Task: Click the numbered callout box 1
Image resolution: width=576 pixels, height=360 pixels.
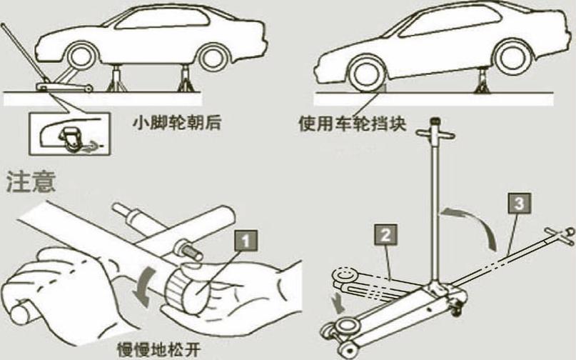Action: pos(246,241)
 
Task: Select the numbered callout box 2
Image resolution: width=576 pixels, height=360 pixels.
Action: pos(385,234)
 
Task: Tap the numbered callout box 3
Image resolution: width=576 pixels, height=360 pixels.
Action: pos(520,203)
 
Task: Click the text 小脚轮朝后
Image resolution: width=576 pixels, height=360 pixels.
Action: pos(177,123)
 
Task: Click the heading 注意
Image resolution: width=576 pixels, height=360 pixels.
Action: pos(31,181)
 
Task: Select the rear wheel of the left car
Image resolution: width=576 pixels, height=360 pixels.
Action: pos(214,58)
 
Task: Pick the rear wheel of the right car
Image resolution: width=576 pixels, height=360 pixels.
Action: pos(514,56)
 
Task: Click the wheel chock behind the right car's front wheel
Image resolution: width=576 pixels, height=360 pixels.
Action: pos(383,87)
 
